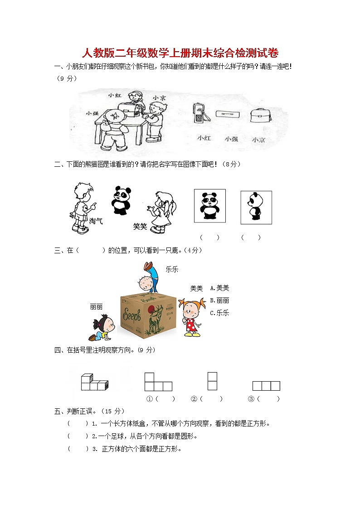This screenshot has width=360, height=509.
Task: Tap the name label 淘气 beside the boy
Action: tap(96, 221)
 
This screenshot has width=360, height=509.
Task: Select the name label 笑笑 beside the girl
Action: tap(140, 226)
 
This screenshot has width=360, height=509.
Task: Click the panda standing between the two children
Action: tap(121, 200)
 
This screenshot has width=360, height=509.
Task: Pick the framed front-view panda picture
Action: tap(209, 206)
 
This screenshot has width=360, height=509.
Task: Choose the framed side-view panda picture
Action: tap(256, 207)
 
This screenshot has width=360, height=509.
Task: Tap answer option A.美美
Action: tap(220, 288)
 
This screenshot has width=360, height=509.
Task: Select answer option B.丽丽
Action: tap(220, 300)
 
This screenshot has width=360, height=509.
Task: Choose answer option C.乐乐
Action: tap(220, 313)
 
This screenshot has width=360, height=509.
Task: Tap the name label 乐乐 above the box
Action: tap(172, 269)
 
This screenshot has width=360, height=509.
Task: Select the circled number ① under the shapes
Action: tap(149, 399)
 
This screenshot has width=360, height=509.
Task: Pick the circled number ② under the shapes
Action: tap(194, 399)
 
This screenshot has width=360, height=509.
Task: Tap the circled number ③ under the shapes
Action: tap(251, 399)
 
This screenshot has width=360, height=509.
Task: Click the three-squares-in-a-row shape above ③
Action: tap(266, 386)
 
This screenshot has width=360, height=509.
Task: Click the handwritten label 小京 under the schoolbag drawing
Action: tap(259, 140)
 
